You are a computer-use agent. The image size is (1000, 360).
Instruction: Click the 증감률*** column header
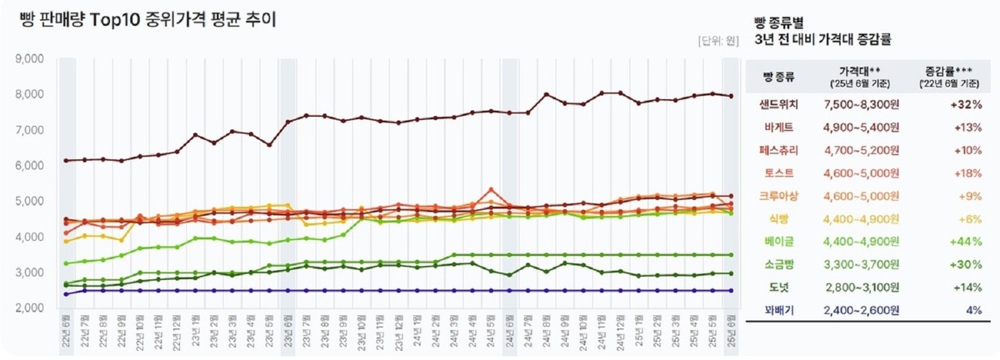coord(952,72)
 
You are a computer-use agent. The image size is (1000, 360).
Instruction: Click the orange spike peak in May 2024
coord(492,189)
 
